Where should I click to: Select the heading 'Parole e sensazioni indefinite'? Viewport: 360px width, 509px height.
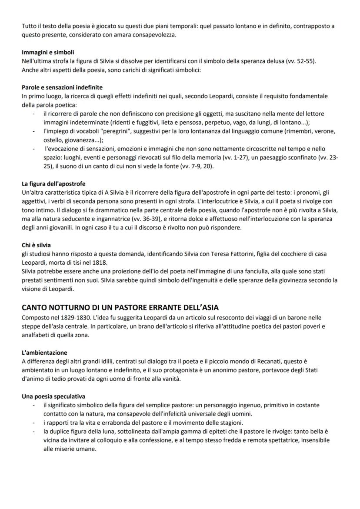(x=62, y=87)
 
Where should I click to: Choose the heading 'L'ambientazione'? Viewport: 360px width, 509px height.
(x=44, y=352)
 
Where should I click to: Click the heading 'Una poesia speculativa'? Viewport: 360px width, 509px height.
(x=53, y=396)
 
